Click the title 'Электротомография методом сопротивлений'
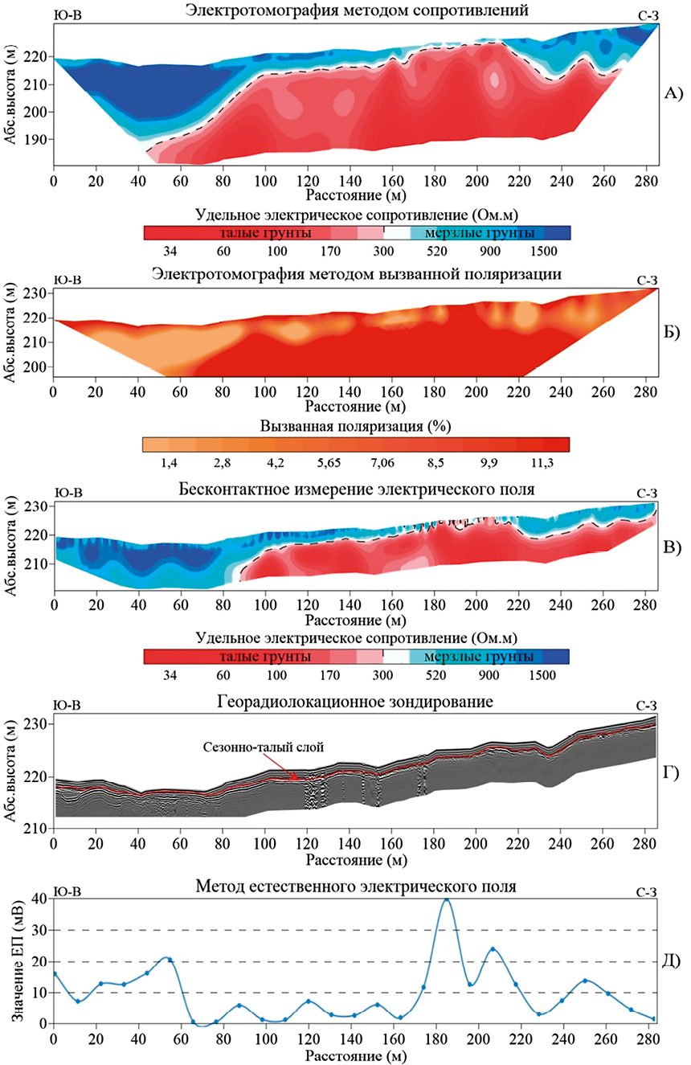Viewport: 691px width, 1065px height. (355, 10)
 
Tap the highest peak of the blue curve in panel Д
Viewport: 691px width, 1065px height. (447, 900)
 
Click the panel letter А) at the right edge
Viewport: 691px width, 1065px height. (672, 93)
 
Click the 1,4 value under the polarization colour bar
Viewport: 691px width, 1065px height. (169, 464)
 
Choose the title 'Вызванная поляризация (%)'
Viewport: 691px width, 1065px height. (354, 426)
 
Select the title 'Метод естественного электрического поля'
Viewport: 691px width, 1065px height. (354, 887)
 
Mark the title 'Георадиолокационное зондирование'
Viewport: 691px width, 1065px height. (354, 702)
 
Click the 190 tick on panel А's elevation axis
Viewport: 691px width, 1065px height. (37, 139)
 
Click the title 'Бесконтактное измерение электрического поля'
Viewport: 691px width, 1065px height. (354, 489)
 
